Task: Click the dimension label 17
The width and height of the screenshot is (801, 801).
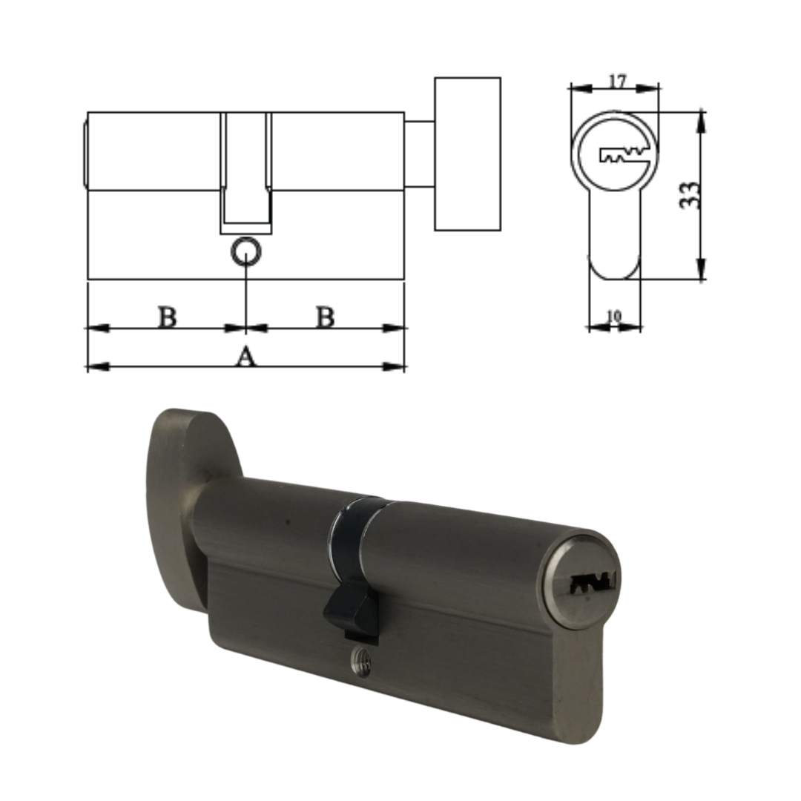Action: tap(617, 81)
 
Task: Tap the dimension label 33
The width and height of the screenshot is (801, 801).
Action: tap(690, 194)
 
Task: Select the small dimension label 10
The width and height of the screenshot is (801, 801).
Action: tap(614, 317)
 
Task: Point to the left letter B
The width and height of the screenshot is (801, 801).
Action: tap(167, 317)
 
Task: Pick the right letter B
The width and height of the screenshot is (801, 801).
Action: tap(325, 317)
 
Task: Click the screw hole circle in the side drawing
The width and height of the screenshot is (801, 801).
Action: tap(246, 251)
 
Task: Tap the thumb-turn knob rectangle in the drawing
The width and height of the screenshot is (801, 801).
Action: tap(467, 154)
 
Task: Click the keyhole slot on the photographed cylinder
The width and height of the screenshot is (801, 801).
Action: tap(593, 582)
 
